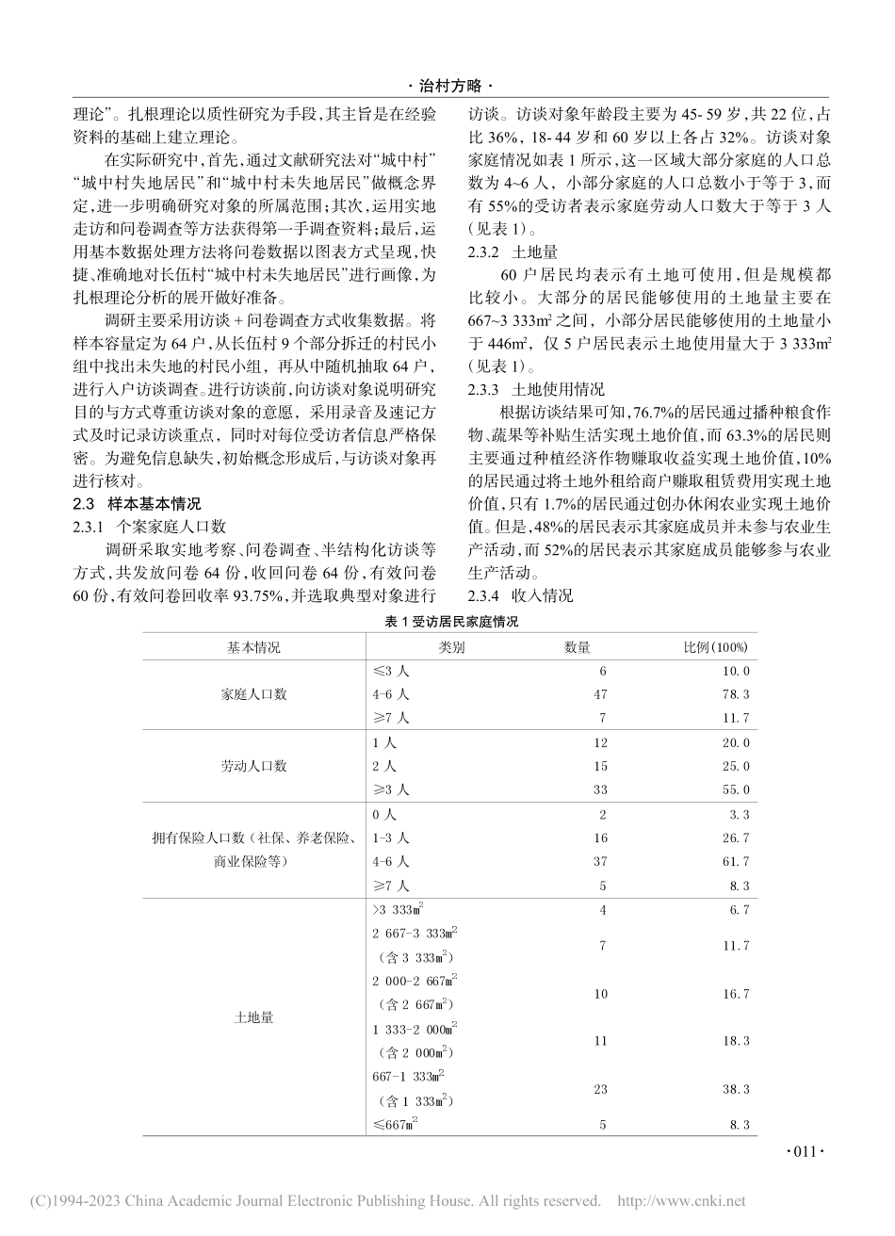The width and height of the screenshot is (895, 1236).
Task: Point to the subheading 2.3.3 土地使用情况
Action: click(532, 389)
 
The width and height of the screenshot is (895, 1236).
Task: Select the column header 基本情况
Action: click(253, 647)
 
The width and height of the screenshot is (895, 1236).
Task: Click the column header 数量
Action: click(577, 647)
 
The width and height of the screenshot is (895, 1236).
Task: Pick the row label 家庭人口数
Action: click(253, 694)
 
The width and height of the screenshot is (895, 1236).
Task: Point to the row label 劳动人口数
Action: click(253, 765)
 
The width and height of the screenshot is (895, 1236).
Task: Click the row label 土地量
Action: click(253, 1016)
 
